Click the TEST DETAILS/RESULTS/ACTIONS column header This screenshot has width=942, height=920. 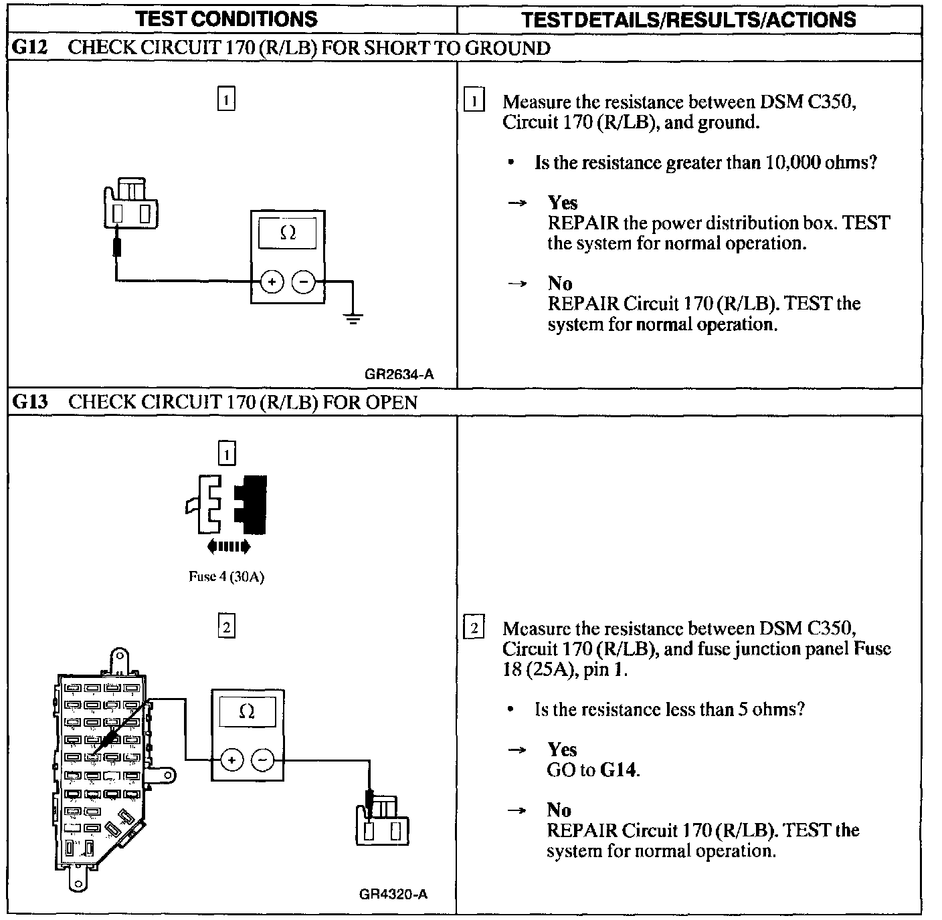pos(688,19)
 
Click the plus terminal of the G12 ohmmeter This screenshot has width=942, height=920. pos(272,282)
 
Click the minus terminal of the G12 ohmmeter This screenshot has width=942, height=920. pos(303,282)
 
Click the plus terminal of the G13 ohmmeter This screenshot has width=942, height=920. pos(231,760)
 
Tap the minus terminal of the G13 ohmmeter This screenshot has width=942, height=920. pos(262,760)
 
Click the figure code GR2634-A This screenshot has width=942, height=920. pos(399,374)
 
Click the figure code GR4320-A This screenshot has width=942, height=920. pos(393,895)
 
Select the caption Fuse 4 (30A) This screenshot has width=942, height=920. pos(226,577)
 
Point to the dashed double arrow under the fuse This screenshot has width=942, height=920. pos(229,547)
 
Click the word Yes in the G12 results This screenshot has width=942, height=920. pos(562,203)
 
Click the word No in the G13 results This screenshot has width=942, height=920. pos(559,810)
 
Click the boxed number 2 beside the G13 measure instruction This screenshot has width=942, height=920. pos(474,628)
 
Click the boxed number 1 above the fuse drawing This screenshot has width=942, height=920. pos(227,455)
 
